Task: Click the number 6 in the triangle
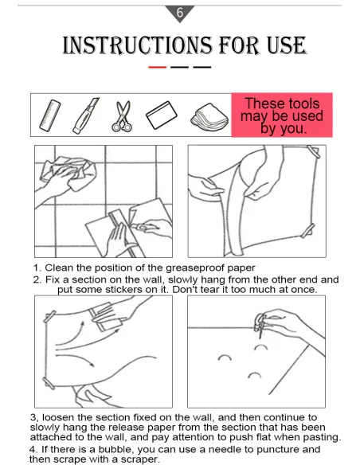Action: tap(180, 13)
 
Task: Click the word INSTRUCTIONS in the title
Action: tap(137, 45)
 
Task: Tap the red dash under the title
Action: tap(157, 68)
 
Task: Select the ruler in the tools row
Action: tap(50, 115)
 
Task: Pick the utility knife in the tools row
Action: tap(86, 115)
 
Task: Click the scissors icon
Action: tap(122, 116)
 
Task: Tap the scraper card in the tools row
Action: tap(162, 115)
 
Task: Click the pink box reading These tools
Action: tap(282, 115)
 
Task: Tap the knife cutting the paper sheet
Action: tap(144, 228)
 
